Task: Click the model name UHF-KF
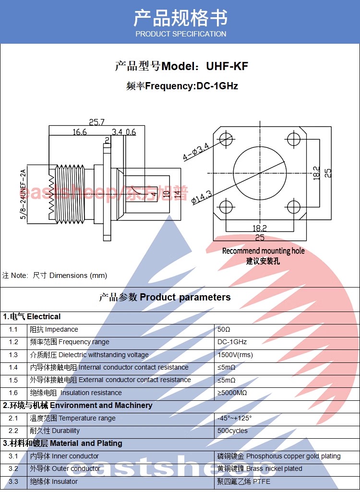tap(227, 66)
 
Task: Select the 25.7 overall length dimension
tap(96, 122)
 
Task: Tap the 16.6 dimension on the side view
tap(80, 132)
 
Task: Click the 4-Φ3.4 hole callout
tap(196, 152)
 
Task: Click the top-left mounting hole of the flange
tap(226, 139)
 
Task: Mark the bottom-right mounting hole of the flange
tap(294, 207)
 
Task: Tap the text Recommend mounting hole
tap(264, 251)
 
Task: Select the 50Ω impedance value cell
tap(224, 329)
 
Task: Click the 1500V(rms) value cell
tap(235, 355)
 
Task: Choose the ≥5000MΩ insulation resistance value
tap(232, 393)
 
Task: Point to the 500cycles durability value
tap(232, 431)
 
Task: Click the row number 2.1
tap(13, 418)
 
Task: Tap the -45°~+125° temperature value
tap(234, 418)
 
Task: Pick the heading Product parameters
tap(185, 297)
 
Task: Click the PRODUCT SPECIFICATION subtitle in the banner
tap(181, 34)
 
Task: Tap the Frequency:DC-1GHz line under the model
tap(182, 85)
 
